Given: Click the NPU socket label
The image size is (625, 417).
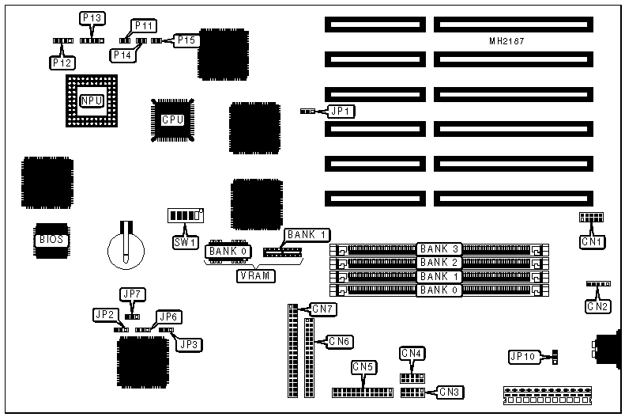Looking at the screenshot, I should coord(92,100).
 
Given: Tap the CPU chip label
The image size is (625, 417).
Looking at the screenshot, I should coord(172,120).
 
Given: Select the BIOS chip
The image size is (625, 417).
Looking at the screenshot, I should coord(49,238).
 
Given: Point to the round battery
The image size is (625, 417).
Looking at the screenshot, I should coord(126,246).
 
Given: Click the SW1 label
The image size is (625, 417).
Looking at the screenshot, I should coord(184,241).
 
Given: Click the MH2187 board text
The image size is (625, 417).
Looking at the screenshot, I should coord(506,40).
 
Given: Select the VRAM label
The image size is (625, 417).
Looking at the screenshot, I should coord(253,276).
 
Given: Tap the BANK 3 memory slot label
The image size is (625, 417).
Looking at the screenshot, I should coord(439,249).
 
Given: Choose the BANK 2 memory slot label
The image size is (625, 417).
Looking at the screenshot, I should coord(439,262).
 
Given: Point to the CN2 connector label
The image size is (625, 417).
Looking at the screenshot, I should coord(598,305).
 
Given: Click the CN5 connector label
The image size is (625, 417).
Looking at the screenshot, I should coord(363,367).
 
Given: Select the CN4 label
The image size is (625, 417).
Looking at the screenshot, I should coord(412,353).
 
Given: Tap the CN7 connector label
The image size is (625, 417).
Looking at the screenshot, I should coord(323,307).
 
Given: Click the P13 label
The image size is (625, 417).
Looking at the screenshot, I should coord(92,17).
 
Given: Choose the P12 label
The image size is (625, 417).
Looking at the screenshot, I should coord(62,61).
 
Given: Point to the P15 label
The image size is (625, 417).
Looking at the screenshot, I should coord(187,40).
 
